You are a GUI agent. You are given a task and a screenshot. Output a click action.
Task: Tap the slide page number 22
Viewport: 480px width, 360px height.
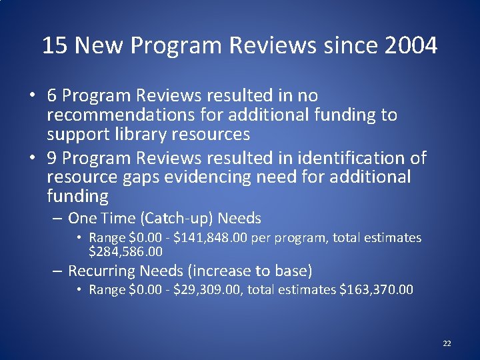(x=447, y=343)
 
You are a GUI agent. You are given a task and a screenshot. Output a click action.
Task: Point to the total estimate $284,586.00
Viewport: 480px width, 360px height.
(x=126, y=252)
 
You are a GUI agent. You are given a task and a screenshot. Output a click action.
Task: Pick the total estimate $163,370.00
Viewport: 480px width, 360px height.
(x=377, y=289)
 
